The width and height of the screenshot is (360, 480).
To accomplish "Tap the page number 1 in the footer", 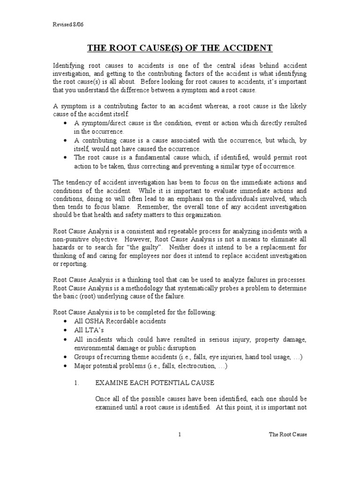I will [x=180, y=435].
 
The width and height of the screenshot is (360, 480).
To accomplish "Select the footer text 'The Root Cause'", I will [x=288, y=435].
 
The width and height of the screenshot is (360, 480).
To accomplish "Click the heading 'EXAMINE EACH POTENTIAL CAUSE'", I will [x=155, y=383].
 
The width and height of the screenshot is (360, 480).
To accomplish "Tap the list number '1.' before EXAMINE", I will [x=77, y=383].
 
